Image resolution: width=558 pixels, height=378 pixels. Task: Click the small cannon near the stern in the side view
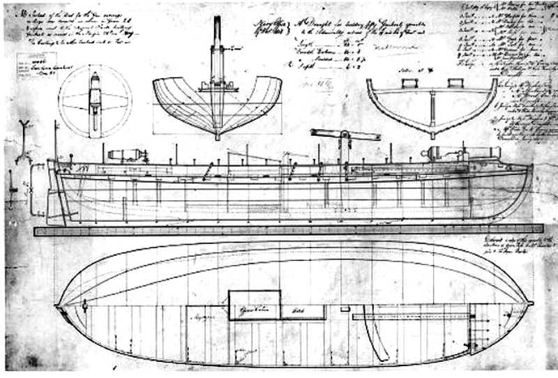126,154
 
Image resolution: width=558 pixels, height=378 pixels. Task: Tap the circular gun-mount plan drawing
95,102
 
